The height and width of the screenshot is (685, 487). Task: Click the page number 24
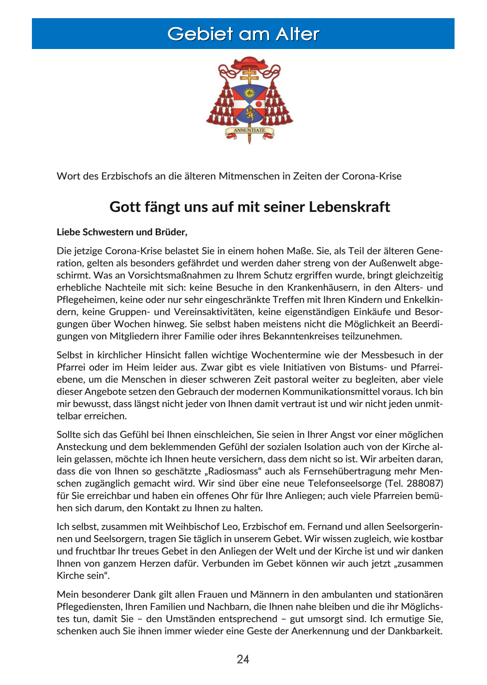[243, 659]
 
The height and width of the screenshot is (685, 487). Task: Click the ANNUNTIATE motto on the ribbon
[249, 130]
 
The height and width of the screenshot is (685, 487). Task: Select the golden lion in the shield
[250, 113]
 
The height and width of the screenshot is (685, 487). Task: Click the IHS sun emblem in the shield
[250, 93]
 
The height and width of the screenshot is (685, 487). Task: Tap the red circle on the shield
[259, 104]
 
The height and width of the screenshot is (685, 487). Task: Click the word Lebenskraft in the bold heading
[349, 207]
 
